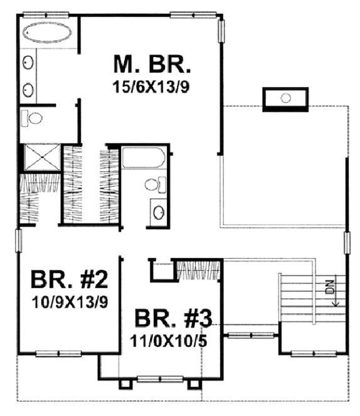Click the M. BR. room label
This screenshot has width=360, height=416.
point(152,65)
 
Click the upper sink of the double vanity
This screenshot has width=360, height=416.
point(29,62)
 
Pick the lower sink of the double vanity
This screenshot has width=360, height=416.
point(29,88)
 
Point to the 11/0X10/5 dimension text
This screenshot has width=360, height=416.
point(170,343)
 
